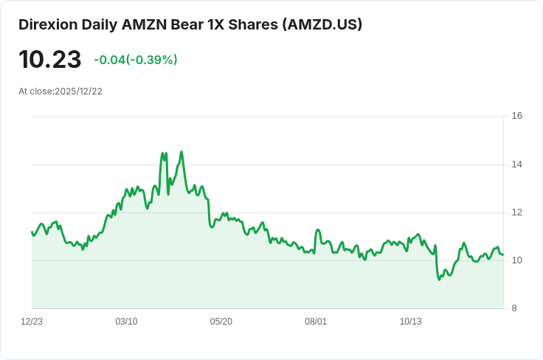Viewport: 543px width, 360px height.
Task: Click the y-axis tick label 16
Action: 516,116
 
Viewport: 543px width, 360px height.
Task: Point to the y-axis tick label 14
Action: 516,164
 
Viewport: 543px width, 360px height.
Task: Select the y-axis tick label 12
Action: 516,212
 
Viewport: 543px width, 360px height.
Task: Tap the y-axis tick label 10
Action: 516,260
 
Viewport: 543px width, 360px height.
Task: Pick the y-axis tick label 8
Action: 516,308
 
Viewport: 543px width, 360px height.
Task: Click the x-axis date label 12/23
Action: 32,322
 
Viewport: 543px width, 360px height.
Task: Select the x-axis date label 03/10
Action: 126,322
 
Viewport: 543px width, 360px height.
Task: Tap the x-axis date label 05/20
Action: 221,322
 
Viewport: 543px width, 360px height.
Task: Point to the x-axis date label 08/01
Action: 316,322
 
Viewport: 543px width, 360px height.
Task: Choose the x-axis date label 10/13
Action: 410,322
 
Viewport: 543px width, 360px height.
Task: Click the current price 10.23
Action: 49,59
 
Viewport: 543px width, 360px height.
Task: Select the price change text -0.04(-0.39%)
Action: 136,60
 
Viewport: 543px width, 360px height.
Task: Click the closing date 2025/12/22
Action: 78,91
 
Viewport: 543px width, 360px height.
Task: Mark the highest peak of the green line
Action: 181,153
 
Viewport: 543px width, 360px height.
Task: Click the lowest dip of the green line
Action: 439,279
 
